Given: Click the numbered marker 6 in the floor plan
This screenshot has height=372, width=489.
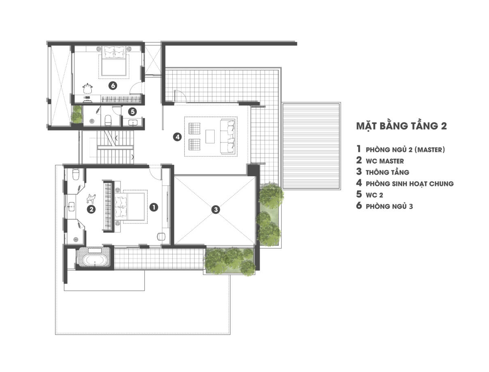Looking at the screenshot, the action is (113, 85).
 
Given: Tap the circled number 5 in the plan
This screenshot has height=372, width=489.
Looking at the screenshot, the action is (132, 112).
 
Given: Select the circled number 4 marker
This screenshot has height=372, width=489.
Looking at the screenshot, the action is (177, 137).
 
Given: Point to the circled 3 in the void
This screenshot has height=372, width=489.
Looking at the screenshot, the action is (216, 209).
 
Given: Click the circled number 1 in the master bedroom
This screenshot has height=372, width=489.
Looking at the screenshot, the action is (154, 207).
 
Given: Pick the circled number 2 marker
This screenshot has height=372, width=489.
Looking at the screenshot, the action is (91, 209).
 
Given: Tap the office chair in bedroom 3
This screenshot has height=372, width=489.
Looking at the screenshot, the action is (88, 89).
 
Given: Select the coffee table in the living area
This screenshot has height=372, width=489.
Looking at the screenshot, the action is (210, 136).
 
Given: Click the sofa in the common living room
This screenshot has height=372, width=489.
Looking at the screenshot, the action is (227, 136).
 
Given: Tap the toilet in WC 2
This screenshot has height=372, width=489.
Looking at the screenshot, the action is (108, 120).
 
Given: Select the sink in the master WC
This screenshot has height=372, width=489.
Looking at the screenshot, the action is (71, 206).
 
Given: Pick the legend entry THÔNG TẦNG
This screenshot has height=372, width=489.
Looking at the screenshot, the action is (387, 172).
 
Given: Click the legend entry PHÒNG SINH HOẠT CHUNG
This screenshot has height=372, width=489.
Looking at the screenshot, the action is (410, 184).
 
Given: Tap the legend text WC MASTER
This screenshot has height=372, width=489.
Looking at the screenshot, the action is (385, 161).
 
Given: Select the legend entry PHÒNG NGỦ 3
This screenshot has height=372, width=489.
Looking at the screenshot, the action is (389, 206).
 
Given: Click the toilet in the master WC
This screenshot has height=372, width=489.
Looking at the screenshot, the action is (76, 174).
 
